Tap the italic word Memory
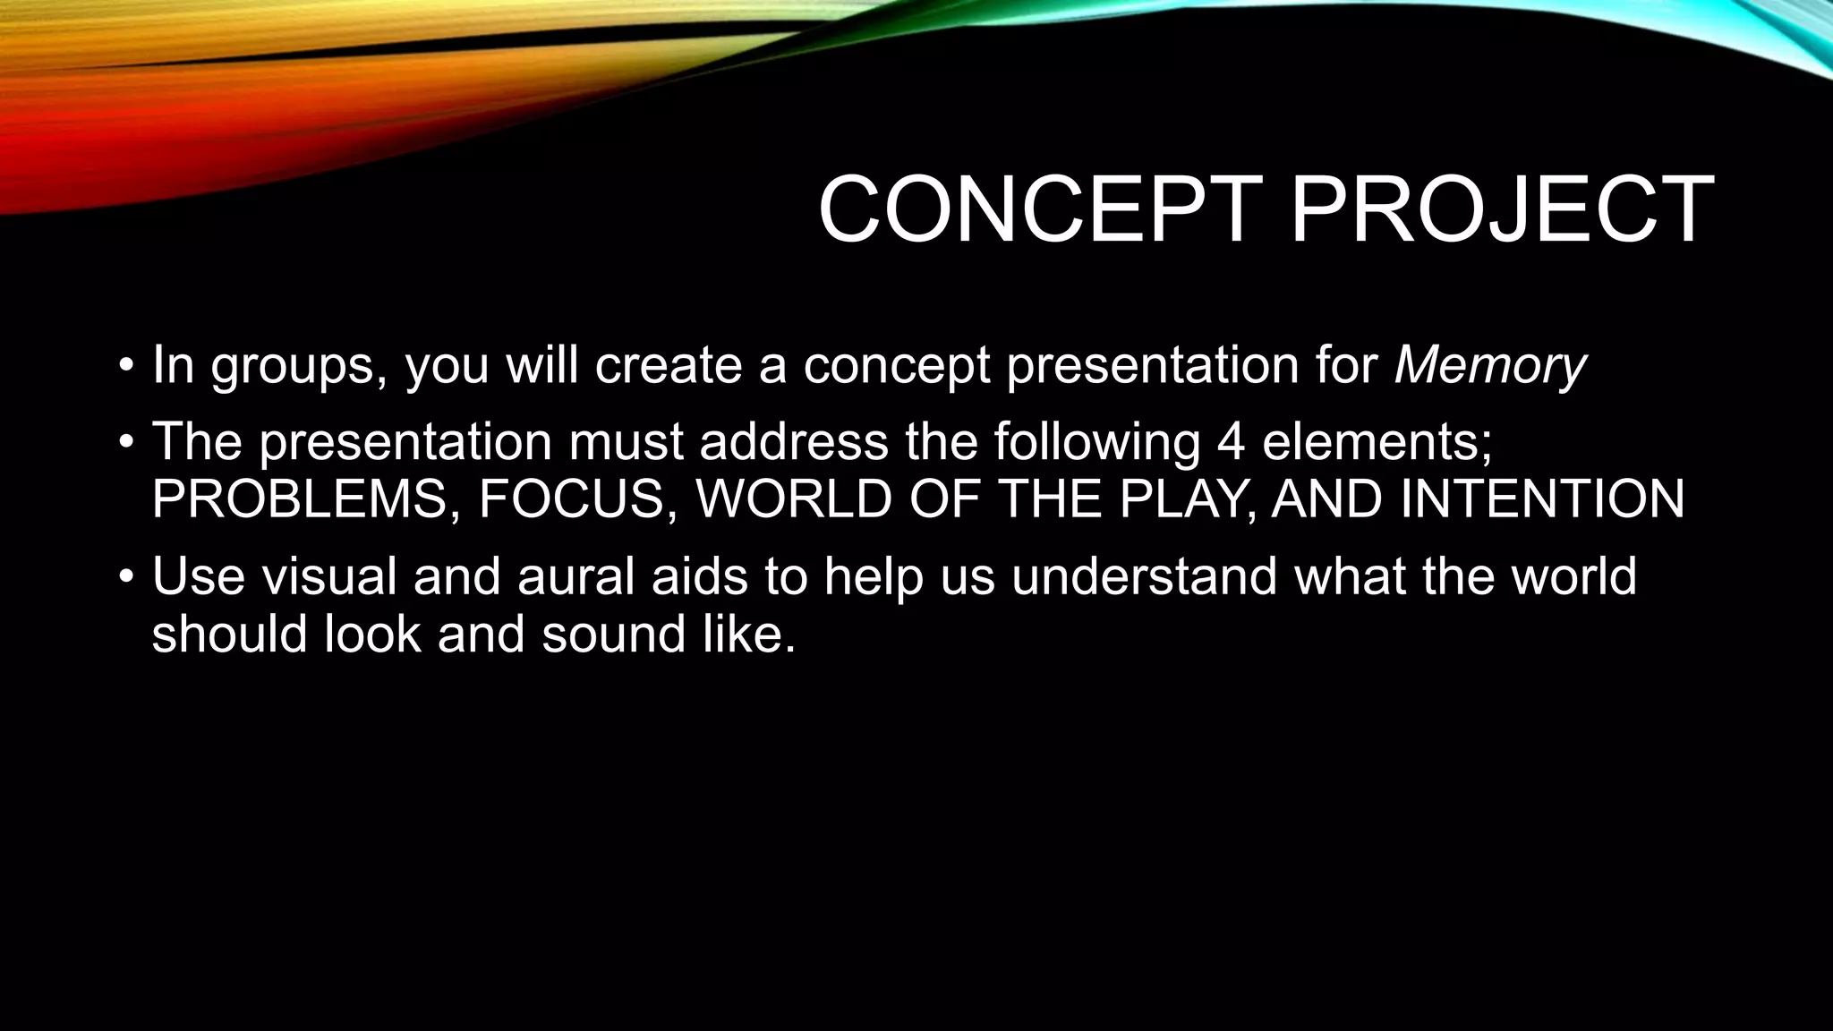point(1489,365)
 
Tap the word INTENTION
point(1541,499)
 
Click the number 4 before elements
point(1231,442)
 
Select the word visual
point(328,576)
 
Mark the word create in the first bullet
point(668,365)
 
